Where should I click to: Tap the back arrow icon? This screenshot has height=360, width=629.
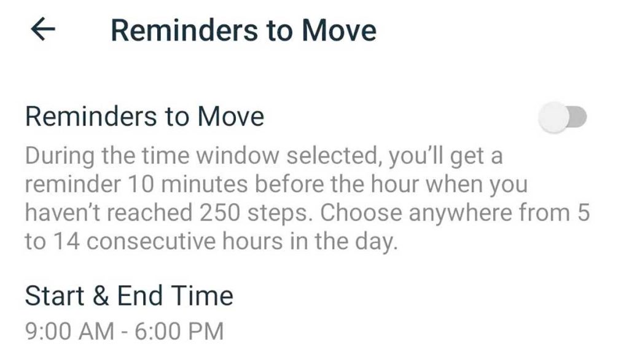(x=43, y=30)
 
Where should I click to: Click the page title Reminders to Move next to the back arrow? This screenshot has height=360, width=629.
(x=243, y=31)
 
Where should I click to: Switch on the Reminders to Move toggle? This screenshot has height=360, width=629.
(x=563, y=117)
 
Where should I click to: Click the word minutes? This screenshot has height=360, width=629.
(x=205, y=185)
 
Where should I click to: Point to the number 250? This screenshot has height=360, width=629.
(x=220, y=213)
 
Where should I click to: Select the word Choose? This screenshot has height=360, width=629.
(x=361, y=213)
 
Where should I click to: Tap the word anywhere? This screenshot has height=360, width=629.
(x=461, y=214)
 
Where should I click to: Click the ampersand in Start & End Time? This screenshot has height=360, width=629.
(x=101, y=295)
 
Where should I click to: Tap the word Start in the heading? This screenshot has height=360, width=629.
(x=55, y=295)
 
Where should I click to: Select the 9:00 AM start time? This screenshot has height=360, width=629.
(x=69, y=332)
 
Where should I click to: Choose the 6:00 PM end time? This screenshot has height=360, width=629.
(x=179, y=332)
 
